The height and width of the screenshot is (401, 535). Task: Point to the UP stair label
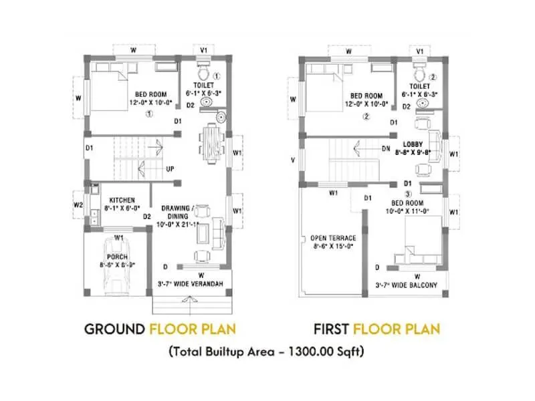[170, 169]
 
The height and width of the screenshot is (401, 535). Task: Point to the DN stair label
[386, 149]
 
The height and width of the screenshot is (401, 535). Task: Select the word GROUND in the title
[114, 329]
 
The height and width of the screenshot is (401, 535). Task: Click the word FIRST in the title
[331, 329]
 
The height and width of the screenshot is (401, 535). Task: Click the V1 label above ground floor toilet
[204, 51]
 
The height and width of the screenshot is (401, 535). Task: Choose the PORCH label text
[118, 255]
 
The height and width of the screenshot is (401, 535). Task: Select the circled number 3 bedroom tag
[407, 194]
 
